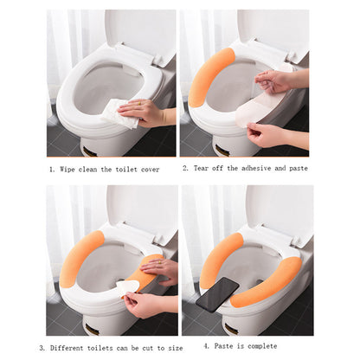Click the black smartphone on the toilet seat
[217, 294]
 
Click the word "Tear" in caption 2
[202, 168]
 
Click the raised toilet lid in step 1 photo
[138, 34]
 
